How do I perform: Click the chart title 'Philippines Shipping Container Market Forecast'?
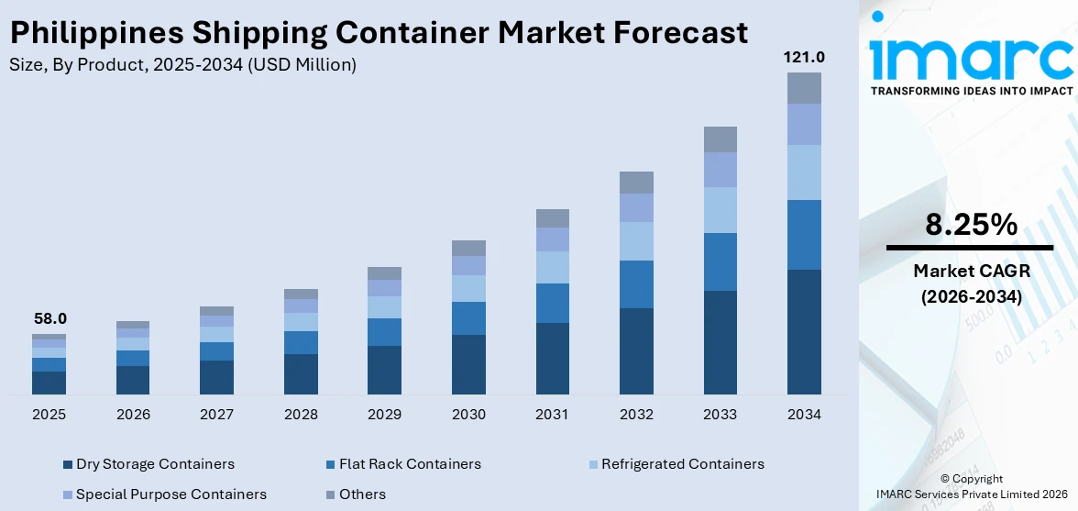click(x=378, y=33)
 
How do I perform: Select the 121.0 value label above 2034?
click(x=803, y=57)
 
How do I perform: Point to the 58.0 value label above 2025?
click(x=49, y=318)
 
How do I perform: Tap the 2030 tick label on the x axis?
click(x=468, y=415)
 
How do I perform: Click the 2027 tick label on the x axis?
click(x=216, y=415)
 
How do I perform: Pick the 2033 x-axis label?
click(x=720, y=415)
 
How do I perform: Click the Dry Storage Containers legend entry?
click(x=154, y=464)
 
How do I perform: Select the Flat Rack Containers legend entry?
click(x=409, y=464)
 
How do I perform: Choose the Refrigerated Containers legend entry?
click(x=682, y=464)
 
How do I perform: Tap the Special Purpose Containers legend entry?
click(x=170, y=494)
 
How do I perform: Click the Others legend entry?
click(x=362, y=494)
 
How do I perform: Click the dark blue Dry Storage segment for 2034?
click(x=804, y=331)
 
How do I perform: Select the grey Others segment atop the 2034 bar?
click(x=804, y=88)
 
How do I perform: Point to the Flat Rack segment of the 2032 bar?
click(x=636, y=284)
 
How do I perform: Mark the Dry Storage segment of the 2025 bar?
click(x=49, y=383)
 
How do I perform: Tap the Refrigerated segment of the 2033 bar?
click(x=720, y=210)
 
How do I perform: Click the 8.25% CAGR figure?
click(x=970, y=225)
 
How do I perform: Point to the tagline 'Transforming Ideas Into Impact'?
click(x=970, y=91)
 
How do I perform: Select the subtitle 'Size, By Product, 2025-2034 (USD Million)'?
click(x=182, y=65)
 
